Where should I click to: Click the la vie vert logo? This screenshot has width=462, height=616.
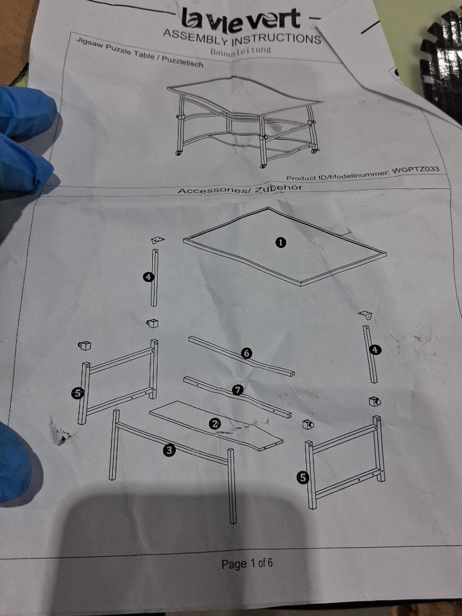(241, 20)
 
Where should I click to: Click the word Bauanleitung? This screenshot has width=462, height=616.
(241, 51)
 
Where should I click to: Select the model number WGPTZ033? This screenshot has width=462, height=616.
(416, 170)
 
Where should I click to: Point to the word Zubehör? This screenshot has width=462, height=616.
(278, 188)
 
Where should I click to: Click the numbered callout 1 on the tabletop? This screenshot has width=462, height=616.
(280, 243)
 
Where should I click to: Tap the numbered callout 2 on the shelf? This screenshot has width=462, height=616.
(215, 424)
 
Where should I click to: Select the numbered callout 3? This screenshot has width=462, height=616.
(169, 450)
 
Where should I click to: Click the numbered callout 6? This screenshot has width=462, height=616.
(246, 353)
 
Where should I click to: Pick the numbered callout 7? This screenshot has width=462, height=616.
(237, 390)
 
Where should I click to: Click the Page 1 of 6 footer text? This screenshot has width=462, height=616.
(247, 564)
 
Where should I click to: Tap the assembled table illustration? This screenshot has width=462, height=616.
(244, 121)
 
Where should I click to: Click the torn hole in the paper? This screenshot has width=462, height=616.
(60, 434)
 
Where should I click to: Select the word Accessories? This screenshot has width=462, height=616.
(211, 191)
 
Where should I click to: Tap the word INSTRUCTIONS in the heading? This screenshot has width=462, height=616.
(277, 39)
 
